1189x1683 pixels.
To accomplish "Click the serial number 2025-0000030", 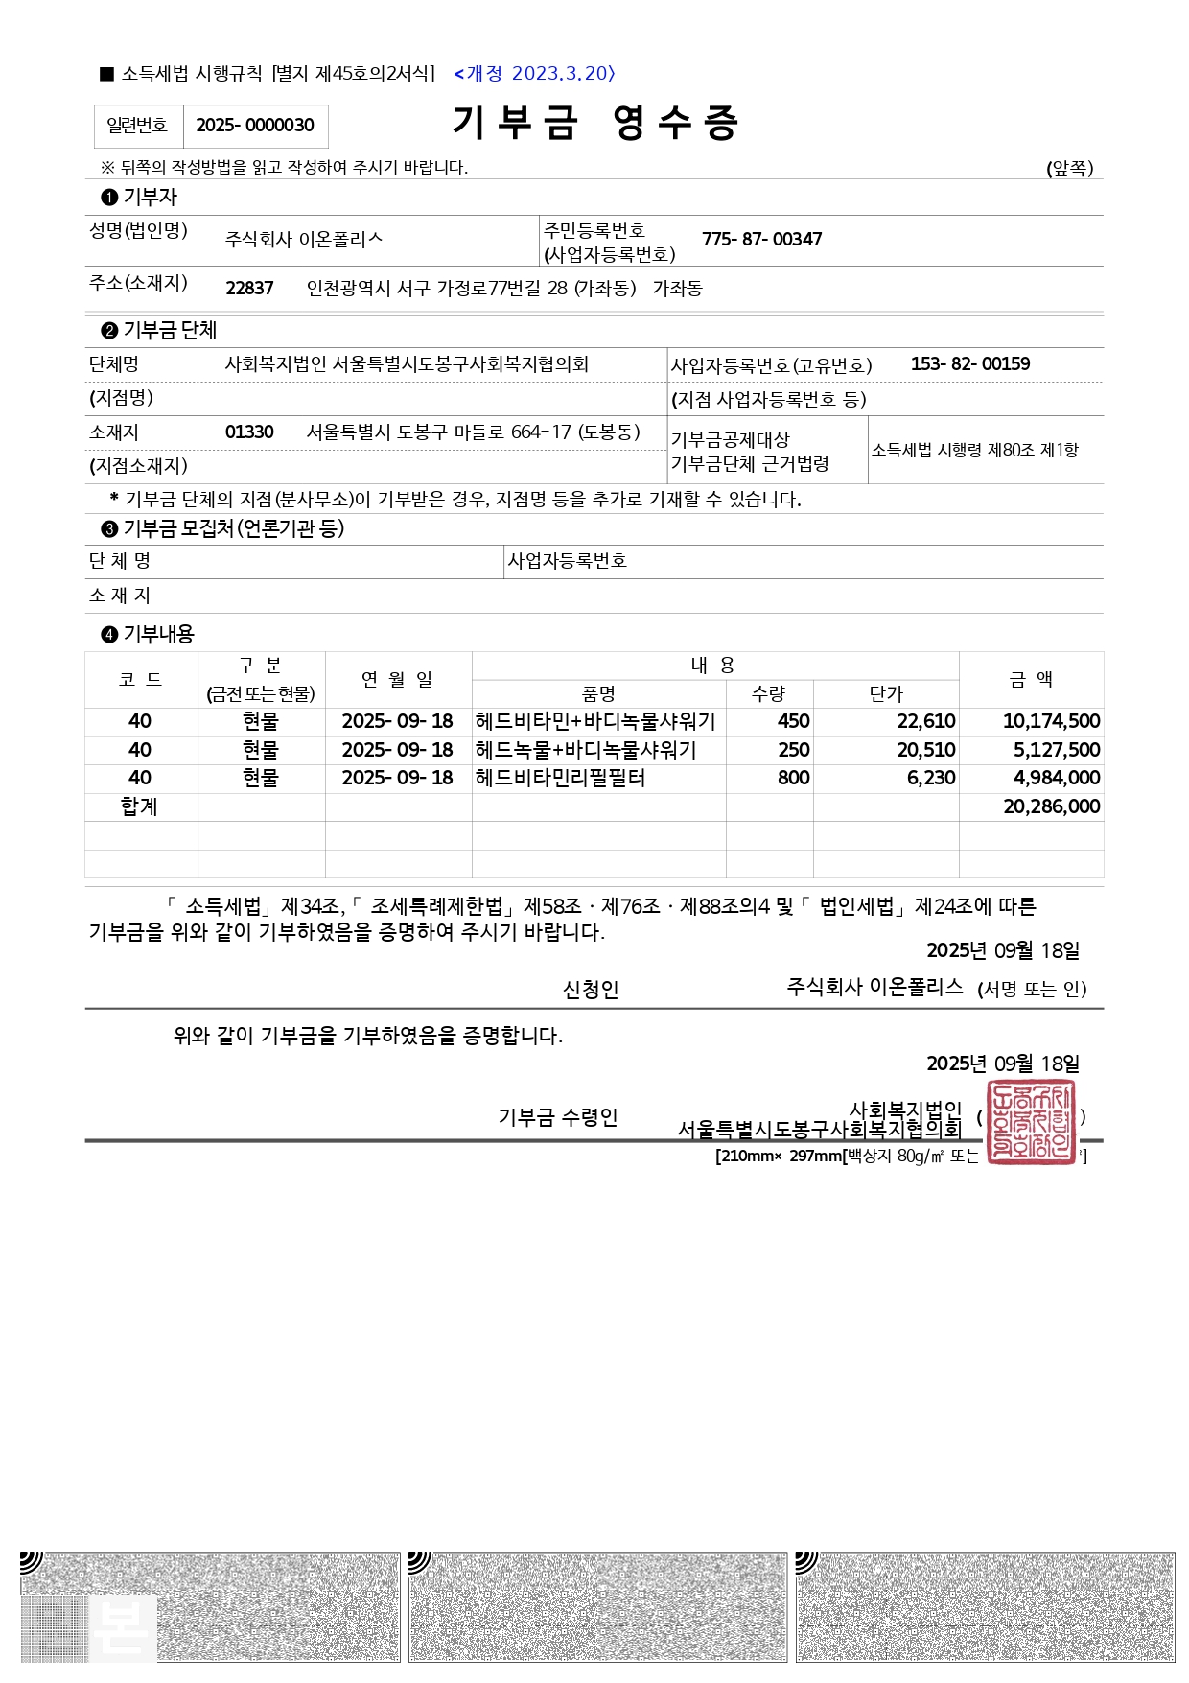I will tap(255, 126).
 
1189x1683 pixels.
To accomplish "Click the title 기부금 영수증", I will tap(594, 123).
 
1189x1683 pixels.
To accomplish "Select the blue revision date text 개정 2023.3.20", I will tap(535, 74).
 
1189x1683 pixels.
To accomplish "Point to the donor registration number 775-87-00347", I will tap(761, 240).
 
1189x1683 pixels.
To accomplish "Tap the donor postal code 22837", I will tap(249, 289).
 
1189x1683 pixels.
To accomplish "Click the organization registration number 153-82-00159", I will tap(970, 364).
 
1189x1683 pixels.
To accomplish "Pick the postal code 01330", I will tap(249, 432).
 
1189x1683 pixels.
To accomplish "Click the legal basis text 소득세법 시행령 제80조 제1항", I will tap(974, 450).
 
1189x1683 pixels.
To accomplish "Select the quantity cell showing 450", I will tap(793, 721).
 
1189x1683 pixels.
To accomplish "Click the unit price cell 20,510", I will tap(926, 750).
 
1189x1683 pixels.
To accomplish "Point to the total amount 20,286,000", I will tap(1051, 806).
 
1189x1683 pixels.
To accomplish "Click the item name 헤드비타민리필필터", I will tap(560, 778).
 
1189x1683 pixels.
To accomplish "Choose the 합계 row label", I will tap(139, 806).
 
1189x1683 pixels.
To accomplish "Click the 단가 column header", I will tap(886, 693).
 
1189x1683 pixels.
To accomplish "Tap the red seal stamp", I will tap(1031, 1121).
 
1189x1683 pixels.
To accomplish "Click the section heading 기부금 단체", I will tap(170, 331).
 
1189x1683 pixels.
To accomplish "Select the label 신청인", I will tap(591, 990).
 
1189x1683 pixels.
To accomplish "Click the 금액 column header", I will tap(1031, 679).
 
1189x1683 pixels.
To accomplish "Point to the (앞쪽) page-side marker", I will tap(1069, 169).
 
